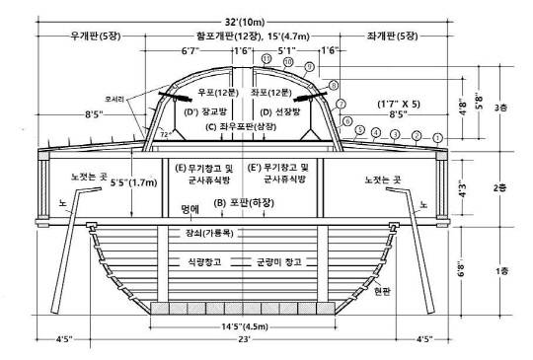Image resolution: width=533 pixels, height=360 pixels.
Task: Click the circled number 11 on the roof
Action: (x=266, y=59)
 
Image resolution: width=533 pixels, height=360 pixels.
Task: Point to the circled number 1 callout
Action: (x=437, y=137)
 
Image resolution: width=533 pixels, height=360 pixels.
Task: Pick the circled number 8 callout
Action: (x=333, y=86)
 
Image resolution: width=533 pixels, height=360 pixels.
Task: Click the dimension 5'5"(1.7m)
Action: (x=134, y=182)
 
